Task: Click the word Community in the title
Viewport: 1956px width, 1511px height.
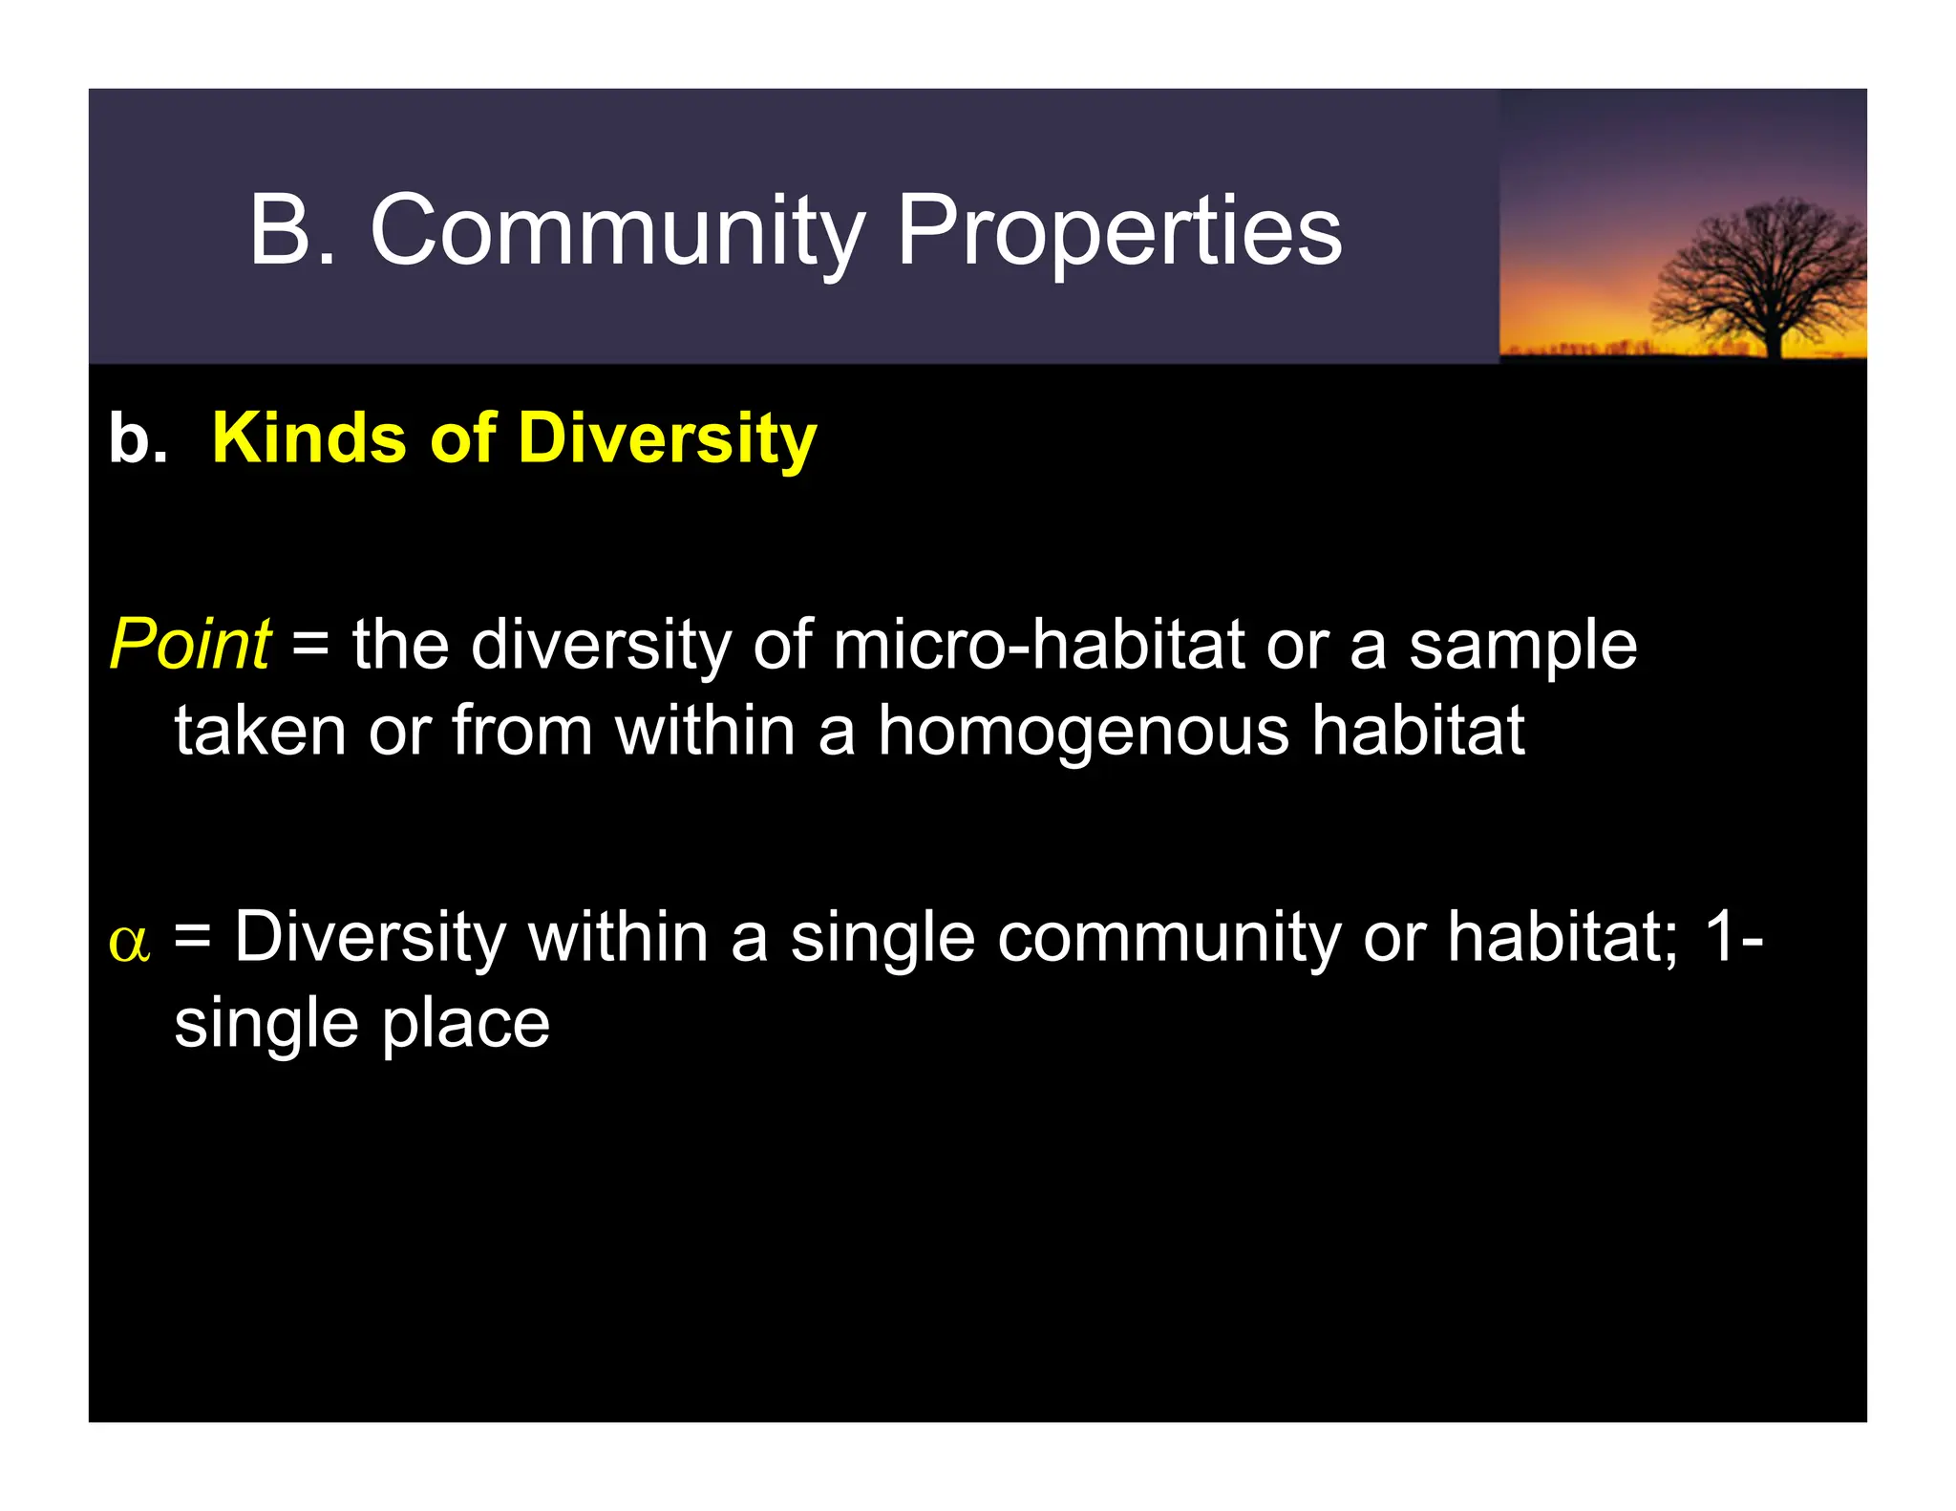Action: pyautogui.click(x=617, y=231)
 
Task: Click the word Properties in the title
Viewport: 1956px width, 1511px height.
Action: pyautogui.click(x=1119, y=231)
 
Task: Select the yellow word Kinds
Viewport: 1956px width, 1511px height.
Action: pyautogui.click(x=308, y=438)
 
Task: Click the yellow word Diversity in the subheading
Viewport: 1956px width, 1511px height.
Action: pyautogui.click(x=667, y=440)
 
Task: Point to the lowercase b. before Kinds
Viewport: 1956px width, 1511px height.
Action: pyautogui.click(x=138, y=439)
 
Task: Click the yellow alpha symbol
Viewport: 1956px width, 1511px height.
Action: pyautogui.click(x=129, y=942)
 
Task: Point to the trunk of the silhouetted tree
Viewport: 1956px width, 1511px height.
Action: pyautogui.click(x=1775, y=334)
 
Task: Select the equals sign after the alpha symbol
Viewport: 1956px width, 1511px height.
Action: pyautogui.click(x=192, y=940)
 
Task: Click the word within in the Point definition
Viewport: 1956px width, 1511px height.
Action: pyautogui.click(x=705, y=731)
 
